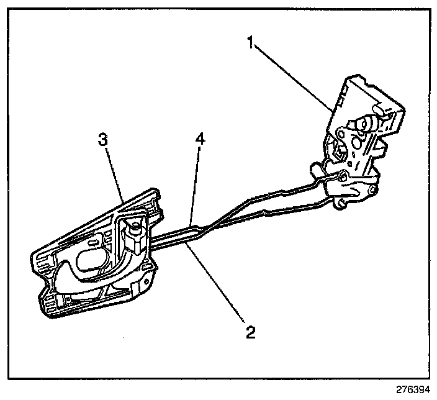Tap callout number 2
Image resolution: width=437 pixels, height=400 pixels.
(x=249, y=332)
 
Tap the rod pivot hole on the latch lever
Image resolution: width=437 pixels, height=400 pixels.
(x=343, y=176)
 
